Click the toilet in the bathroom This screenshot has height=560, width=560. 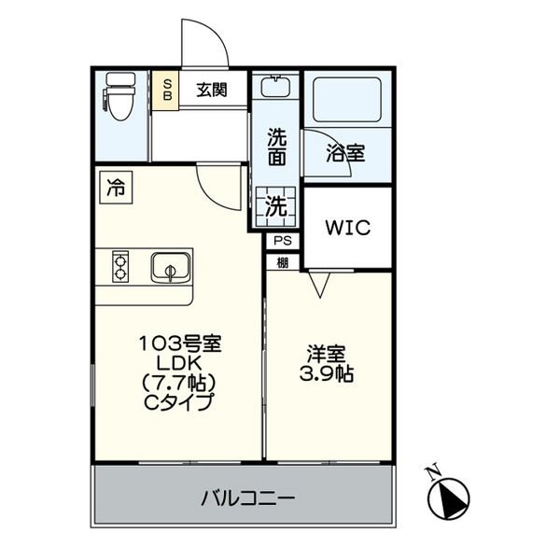coord(120,96)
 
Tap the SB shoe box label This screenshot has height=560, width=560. coord(167,90)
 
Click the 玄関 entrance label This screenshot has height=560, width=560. coord(212,90)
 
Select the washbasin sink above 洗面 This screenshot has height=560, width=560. coord(275,86)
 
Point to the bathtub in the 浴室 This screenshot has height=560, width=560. coord(347,100)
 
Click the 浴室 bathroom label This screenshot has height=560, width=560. coord(345,153)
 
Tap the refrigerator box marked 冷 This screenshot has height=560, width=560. coord(116,188)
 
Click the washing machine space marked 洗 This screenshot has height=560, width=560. coord(275,206)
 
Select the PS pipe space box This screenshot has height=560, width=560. coord(283,241)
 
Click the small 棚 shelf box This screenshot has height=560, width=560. coord(283,263)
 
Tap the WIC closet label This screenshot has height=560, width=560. coord(347,228)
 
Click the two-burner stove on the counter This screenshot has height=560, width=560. coord(120,266)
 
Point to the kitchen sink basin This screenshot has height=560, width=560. coord(171,268)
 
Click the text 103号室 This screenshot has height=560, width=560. coord(180,343)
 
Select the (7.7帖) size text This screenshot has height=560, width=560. coord(179,384)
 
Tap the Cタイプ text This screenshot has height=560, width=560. coord(179,402)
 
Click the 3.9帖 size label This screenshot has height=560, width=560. coord(327,374)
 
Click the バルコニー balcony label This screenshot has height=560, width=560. coord(248,497)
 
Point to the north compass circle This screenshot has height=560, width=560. coord(449,498)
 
